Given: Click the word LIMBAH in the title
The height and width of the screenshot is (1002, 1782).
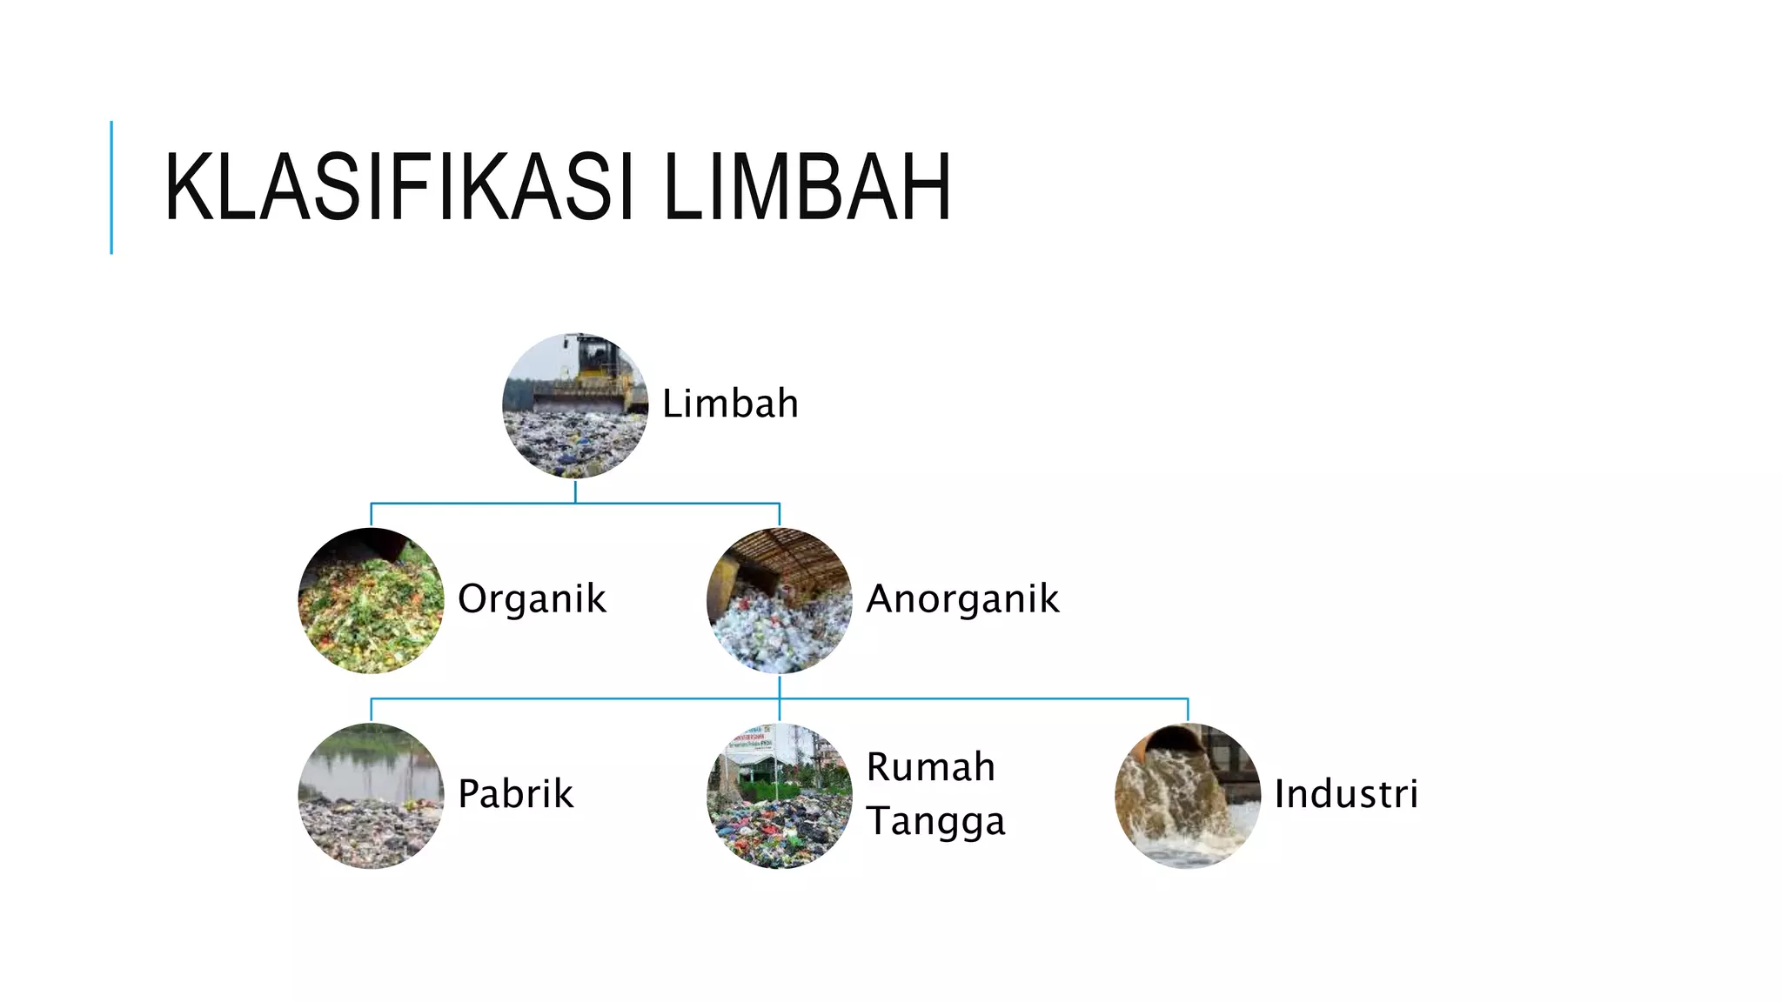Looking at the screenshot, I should coord(807,188).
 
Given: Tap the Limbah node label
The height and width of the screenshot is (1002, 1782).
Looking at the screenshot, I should coord(730,404).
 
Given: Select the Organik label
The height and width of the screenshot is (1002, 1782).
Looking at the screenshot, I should coord(532,598).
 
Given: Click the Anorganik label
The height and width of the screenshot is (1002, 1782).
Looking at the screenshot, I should coord(962,598).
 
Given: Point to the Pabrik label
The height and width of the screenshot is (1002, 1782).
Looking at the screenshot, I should coord(515,793).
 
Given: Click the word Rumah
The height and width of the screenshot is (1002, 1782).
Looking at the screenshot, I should coord(930,766).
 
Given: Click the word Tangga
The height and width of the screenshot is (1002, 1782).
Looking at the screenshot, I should coord(935,820).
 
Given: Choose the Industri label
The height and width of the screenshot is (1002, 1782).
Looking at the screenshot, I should coord(1346,793).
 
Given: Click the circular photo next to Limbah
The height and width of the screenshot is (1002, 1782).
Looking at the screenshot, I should coord(575,405).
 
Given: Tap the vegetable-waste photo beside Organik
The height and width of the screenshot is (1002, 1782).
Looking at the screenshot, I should coord(372,600).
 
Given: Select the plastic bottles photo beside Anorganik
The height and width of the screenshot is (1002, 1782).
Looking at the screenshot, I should coord(780,600).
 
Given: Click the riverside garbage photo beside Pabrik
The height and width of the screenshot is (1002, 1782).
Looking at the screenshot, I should coord(372,795).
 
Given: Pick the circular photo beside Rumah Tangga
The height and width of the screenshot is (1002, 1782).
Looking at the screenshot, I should coord(780,795).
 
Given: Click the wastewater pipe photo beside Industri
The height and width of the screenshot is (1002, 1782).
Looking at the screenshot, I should coord(1188,795).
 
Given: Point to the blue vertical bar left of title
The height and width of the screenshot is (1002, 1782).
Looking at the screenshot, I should coord(111,187).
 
